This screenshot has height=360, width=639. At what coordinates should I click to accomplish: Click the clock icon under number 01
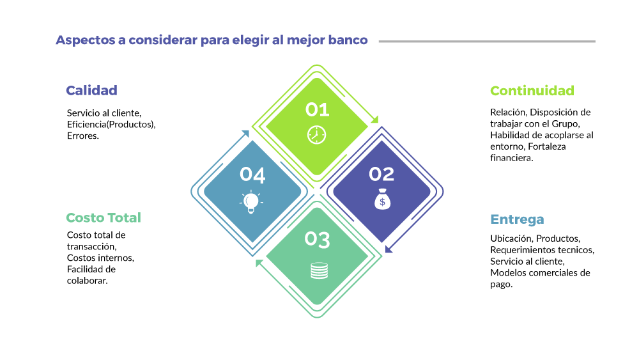(317, 135)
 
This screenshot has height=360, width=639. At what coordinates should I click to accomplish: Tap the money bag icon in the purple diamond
(382, 199)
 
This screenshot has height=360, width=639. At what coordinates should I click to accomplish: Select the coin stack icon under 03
(318, 270)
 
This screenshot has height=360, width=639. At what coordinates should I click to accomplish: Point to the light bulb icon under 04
(252, 201)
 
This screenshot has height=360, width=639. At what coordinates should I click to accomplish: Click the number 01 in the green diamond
(317, 109)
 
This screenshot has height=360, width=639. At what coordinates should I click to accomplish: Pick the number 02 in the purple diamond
(381, 173)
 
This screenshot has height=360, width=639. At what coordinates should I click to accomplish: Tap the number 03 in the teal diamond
(318, 240)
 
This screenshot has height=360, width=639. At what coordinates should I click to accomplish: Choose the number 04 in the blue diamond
(252, 174)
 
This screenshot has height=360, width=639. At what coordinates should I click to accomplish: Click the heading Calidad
(91, 90)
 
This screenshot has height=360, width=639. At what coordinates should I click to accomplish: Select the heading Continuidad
(532, 90)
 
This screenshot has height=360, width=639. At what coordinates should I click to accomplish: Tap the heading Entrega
(517, 219)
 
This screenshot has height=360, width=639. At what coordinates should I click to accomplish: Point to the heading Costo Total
(104, 217)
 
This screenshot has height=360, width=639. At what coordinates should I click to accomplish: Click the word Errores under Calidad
(82, 136)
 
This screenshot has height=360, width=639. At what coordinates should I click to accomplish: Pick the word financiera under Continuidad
(511, 158)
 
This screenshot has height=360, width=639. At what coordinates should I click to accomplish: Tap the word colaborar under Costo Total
(87, 281)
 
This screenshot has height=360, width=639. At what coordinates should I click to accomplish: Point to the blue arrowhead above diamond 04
(245, 134)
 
